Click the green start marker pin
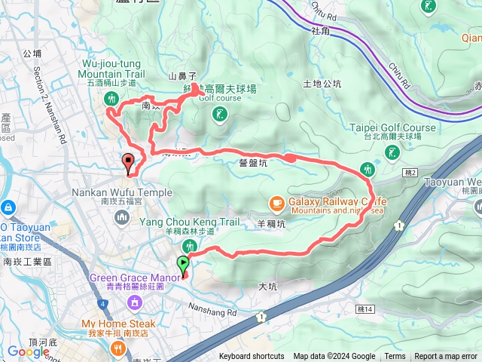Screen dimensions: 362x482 point(182,264)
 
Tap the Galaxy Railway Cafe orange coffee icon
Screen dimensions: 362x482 point(277,202)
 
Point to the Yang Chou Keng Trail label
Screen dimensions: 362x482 point(189,222)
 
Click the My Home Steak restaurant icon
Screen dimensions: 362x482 point(118,348)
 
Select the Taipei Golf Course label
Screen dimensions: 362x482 point(392,127)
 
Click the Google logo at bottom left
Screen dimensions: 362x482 point(28,351)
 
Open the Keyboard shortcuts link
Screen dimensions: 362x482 point(252,357)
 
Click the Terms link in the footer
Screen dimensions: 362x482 point(395,357)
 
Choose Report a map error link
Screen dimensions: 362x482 point(447,357)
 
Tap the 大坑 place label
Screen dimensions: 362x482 point(268,287)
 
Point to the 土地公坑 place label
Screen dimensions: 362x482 point(322,84)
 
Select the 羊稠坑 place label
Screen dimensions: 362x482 point(272,224)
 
